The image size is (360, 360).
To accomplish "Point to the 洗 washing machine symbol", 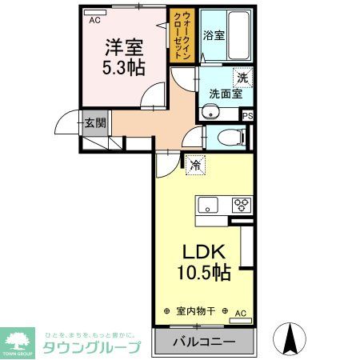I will [x=242, y=78].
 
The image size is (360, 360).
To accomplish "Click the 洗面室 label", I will [x=226, y=94].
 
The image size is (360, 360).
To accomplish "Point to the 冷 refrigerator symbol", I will [x=195, y=166].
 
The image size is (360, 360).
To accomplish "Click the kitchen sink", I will [x=208, y=204].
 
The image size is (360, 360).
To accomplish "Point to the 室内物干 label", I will [x=196, y=310].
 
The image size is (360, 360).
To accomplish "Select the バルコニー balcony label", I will [x=203, y=342].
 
